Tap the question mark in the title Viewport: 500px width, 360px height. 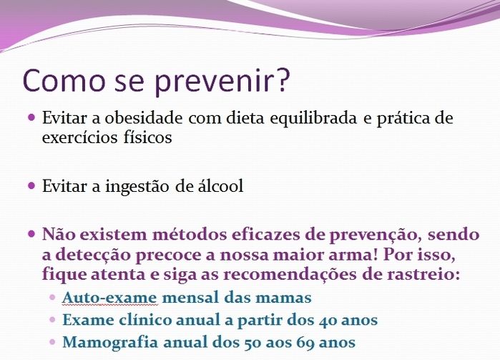point(283,80)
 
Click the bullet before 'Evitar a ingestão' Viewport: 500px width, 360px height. point(31,185)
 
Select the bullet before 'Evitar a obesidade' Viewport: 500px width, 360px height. point(31,117)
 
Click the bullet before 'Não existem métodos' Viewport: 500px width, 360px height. point(31,234)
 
